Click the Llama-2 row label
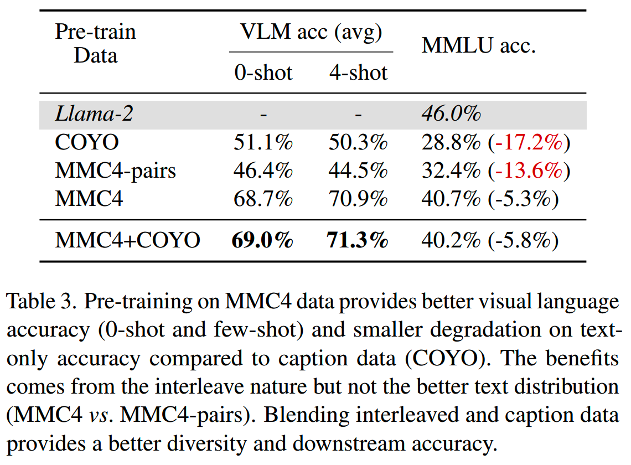(95, 115)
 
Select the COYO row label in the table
(87, 143)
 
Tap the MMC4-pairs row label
(116, 170)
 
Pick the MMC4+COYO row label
(128, 240)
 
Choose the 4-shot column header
(358, 73)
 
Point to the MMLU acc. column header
(479, 46)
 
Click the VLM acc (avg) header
(311, 32)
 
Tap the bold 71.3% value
(358, 240)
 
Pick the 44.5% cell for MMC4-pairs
(358, 170)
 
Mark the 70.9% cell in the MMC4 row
(358, 198)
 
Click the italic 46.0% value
(451, 115)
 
